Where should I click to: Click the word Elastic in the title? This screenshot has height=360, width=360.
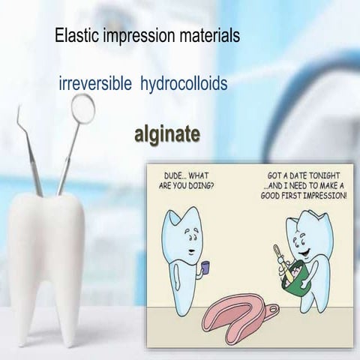pos(73,35)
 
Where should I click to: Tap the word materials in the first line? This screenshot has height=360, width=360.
pos(208,35)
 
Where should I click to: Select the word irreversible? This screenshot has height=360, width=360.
pos(94,83)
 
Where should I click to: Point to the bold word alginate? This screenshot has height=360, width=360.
pos(166,134)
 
